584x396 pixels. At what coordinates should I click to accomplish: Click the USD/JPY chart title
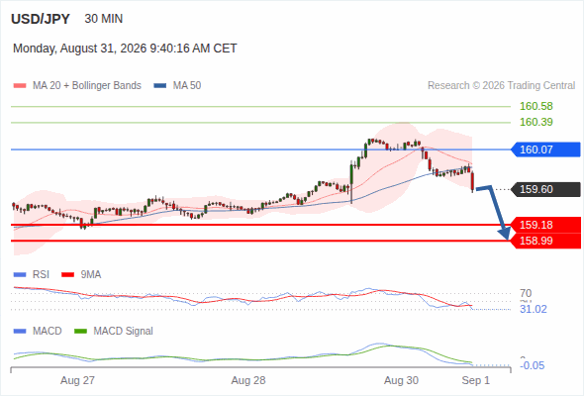(x=41, y=19)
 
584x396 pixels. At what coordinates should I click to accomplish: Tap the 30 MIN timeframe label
(x=104, y=19)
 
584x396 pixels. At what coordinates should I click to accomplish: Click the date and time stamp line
(x=125, y=49)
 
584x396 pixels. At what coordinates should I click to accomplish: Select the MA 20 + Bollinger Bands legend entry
(x=77, y=86)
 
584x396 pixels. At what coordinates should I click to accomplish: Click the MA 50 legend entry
(x=177, y=86)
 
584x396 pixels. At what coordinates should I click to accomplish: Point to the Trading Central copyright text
(x=501, y=86)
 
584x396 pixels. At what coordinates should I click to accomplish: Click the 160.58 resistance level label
(x=536, y=106)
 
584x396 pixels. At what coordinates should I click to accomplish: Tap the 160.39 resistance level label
(x=536, y=122)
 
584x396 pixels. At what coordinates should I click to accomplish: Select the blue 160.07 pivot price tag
(x=545, y=149)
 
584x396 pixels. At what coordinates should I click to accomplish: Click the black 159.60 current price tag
(x=545, y=189)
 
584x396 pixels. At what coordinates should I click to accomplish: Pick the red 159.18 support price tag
(x=545, y=225)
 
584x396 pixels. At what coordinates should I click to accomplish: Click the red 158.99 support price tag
(x=545, y=241)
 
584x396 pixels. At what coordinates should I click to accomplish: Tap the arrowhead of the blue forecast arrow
(x=505, y=234)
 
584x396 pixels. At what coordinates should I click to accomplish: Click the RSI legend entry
(x=32, y=274)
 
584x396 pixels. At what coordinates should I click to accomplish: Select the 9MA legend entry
(x=81, y=274)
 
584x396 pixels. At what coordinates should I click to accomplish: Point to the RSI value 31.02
(x=534, y=309)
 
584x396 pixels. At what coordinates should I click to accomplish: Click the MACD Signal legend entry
(x=114, y=331)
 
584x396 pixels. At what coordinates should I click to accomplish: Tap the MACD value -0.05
(x=533, y=365)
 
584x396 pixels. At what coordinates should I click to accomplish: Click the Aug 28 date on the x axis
(x=248, y=380)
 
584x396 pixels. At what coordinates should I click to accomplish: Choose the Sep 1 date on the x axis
(x=476, y=380)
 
